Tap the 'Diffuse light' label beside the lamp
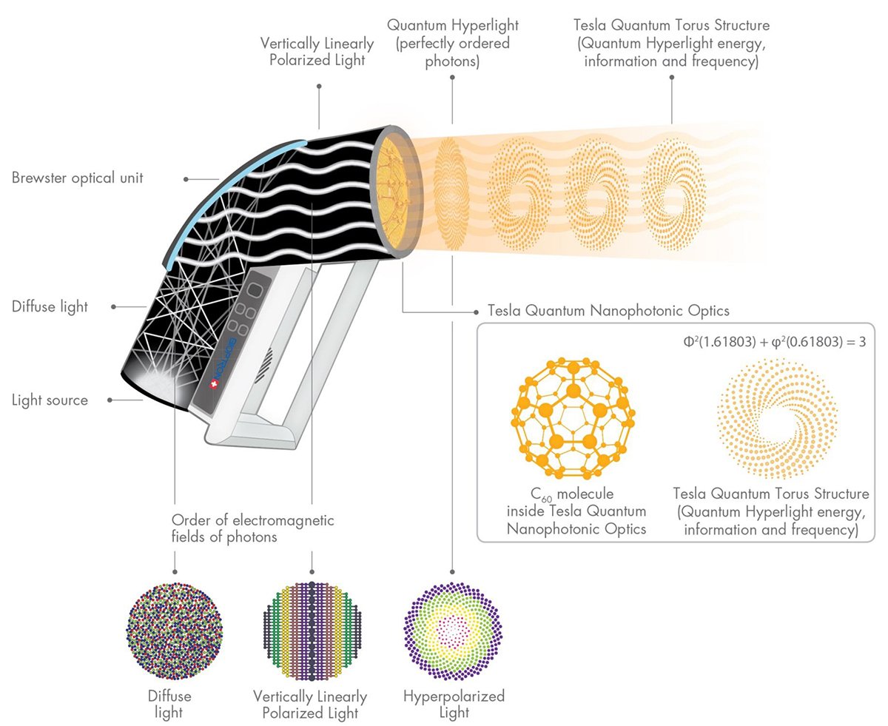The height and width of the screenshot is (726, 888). (50, 306)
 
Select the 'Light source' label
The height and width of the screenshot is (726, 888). (50, 400)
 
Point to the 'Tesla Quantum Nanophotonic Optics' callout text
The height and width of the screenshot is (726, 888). (609, 310)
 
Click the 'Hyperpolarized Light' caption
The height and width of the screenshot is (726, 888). (454, 705)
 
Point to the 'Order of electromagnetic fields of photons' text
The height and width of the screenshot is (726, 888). (252, 528)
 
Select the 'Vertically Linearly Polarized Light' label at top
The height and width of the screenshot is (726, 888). (317, 51)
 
